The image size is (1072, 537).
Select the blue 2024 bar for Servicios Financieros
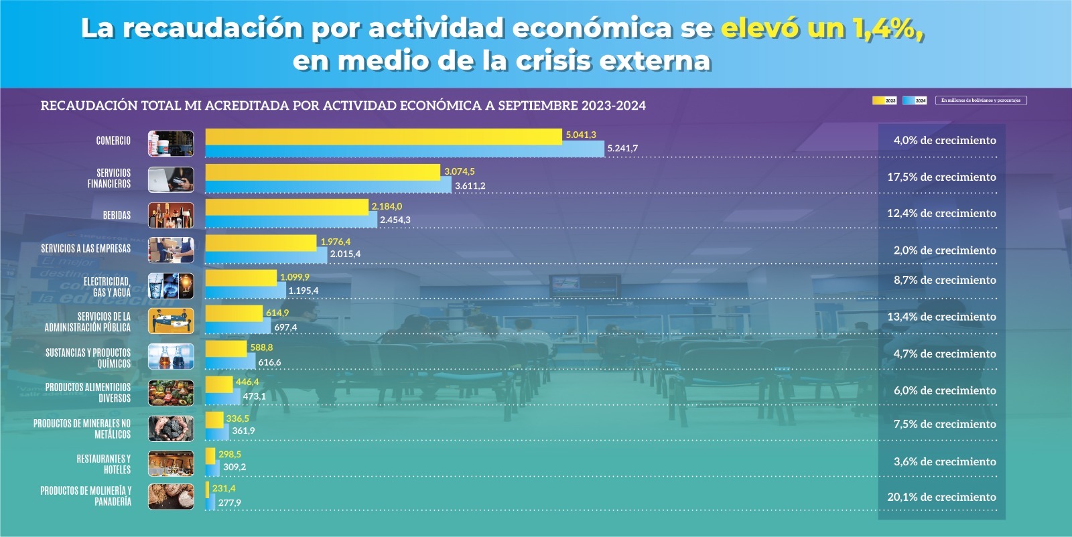(328, 186)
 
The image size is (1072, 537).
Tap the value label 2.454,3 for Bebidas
(395, 220)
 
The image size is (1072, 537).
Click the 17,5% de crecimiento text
(941, 177)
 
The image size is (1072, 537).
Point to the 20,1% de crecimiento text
(941, 497)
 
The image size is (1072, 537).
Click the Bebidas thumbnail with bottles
(171, 215)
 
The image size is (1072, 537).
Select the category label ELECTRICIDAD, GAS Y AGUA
(107, 287)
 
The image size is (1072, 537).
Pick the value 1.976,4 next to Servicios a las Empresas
(335, 242)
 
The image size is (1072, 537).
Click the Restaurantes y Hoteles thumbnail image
(171, 463)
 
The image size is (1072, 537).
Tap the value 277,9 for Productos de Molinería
(229, 503)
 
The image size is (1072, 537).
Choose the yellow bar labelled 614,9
(234, 313)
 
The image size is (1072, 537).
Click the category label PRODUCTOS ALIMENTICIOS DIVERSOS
(88, 392)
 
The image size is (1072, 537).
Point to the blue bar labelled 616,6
(230, 362)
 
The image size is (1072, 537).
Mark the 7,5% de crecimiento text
(944, 424)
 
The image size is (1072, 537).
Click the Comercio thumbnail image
(171, 143)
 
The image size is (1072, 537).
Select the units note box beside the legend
(980, 100)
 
